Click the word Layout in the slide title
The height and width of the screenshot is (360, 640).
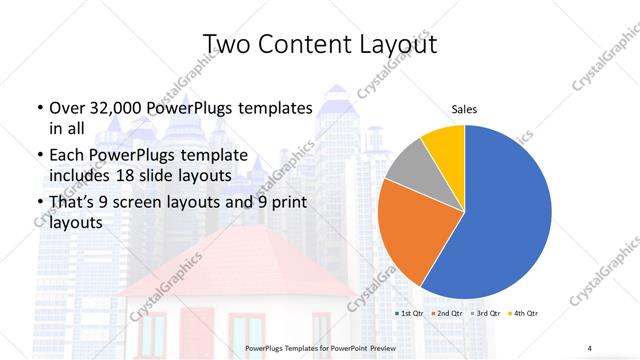coord(400,44)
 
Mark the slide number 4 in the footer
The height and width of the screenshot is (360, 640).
coord(590,347)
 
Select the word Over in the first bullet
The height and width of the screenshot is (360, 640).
coord(66,108)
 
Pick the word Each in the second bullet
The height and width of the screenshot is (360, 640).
coord(66,156)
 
